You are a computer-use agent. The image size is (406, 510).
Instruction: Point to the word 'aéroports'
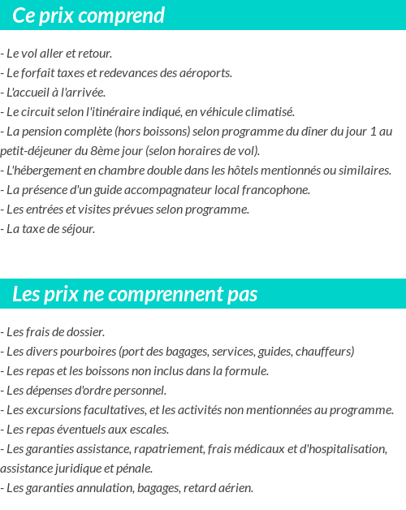pos(205,73)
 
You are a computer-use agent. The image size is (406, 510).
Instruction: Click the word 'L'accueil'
pos(28,93)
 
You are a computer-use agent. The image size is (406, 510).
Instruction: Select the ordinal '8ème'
pos(111,151)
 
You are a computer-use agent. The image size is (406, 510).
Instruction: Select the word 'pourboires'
pos(87,352)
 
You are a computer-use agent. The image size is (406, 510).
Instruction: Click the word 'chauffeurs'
pos(324,352)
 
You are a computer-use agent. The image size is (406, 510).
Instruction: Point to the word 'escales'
pos(149,430)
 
